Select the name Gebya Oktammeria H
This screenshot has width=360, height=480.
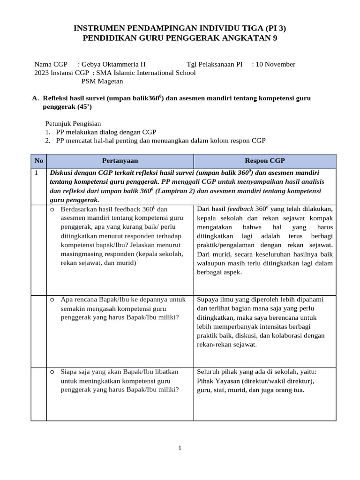[113, 64]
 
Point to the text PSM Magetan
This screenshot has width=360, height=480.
[102, 81]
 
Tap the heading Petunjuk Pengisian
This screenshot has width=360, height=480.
[73, 124]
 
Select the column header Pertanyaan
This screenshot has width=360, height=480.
[120, 161]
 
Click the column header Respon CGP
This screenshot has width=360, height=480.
[265, 161]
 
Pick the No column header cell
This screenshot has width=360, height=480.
[38, 161]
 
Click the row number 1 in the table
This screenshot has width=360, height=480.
[36, 172]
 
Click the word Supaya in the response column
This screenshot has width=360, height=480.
[207, 300]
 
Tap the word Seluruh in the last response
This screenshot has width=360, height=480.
[209, 372]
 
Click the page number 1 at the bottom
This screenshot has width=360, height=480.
[180, 448]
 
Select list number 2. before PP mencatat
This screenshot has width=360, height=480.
[48, 141]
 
